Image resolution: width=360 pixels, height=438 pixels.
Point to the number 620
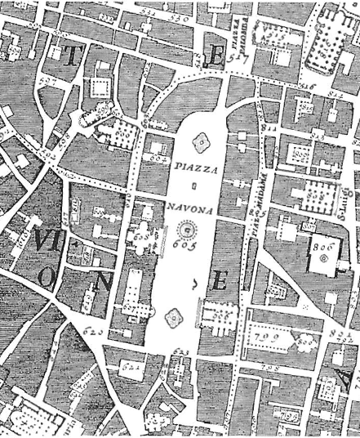click(x=94, y=332)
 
